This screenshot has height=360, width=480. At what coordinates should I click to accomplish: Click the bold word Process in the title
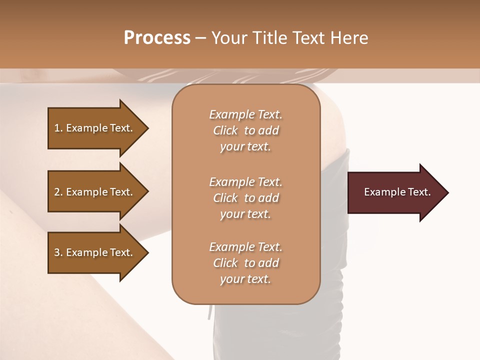[x=157, y=38]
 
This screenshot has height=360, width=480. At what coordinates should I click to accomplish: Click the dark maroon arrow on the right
[x=395, y=192]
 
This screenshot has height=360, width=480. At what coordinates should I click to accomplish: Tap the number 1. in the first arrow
[x=58, y=128]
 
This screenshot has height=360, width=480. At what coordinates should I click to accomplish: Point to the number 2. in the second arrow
[x=58, y=192]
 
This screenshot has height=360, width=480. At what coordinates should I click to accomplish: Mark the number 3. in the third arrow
[x=58, y=252]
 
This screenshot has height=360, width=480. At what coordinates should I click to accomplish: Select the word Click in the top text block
[x=225, y=131]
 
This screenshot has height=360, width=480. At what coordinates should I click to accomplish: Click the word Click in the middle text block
[x=225, y=198]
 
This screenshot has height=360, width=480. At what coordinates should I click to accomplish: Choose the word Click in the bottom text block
[x=225, y=263]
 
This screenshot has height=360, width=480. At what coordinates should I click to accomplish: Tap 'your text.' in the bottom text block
[x=245, y=279]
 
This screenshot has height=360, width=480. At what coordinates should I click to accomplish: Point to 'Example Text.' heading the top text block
[x=245, y=114]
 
